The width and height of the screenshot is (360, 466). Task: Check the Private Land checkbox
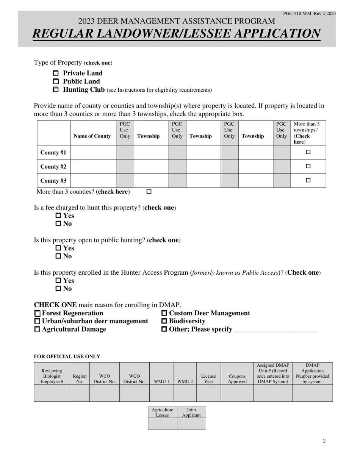[x=56, y=73]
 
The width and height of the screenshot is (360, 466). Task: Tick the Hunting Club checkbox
[x=56, y=90]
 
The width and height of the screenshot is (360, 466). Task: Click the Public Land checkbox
[x=56, y=81]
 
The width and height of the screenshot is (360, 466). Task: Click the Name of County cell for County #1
[x=94, y=152]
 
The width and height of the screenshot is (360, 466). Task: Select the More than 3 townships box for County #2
[x=308, y=166]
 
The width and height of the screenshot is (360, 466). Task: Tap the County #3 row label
[x=53, y=181]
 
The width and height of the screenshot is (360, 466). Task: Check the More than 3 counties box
[x=149, y=192]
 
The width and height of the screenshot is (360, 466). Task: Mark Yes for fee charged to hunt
[x=58, y=216]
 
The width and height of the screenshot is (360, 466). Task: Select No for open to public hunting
[x=58, y=256]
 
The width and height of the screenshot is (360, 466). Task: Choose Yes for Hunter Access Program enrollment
[x=58, y=281]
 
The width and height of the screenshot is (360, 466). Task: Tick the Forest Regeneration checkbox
[x=37, y=314]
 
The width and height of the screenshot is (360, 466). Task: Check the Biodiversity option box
[x=164, y=321]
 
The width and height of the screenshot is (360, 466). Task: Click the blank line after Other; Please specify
[x=275, y=330]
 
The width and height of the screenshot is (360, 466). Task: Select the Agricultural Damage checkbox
[x=37, y=330]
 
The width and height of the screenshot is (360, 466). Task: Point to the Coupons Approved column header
[x=237, y=379]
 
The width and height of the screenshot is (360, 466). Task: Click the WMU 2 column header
[x=185, y=382]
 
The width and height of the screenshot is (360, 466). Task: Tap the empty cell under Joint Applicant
[x=191, y=424]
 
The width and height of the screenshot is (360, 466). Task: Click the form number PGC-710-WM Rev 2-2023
[x=309, y=14]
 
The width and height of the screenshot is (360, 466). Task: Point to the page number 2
[x=324, y=441]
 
